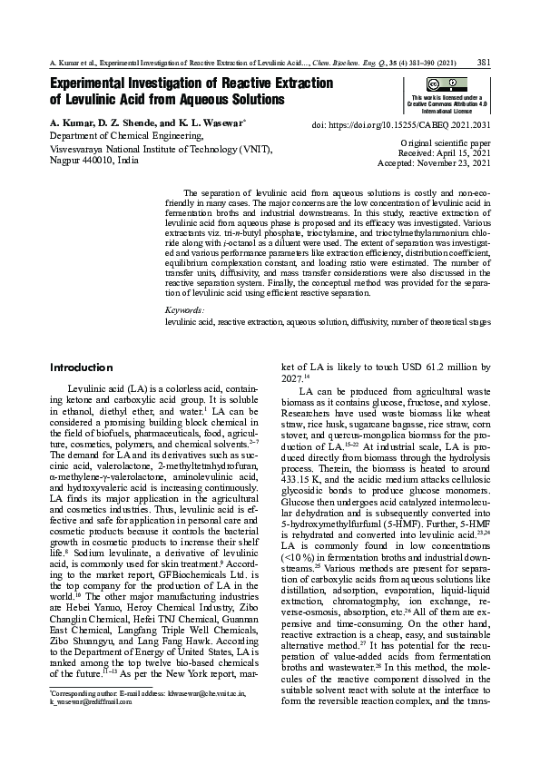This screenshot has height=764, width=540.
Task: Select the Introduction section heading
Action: coord(81,367)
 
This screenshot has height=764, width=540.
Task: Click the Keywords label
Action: coord(184,311)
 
